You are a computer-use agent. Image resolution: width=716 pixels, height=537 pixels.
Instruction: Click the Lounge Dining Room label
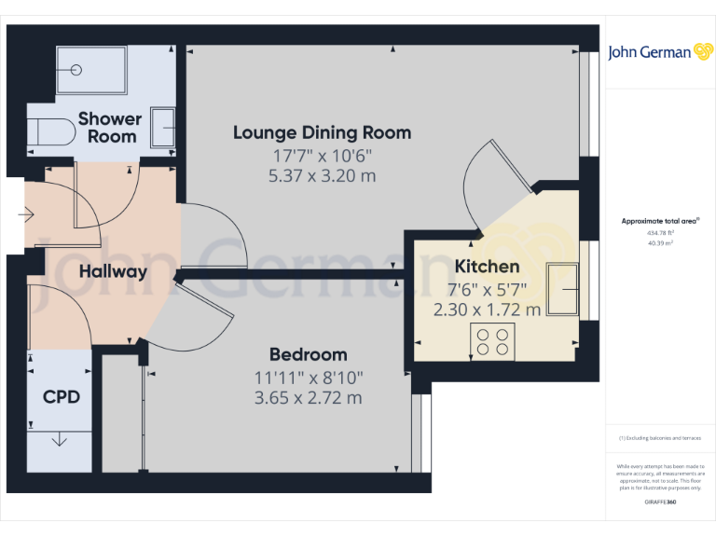click(x=322, y=132)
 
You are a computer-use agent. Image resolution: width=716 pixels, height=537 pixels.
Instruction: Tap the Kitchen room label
click(x=487, y=267)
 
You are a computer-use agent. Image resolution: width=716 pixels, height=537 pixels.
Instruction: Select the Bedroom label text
click(x=308, y=354)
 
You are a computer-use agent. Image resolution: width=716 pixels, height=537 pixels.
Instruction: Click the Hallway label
click(x=113, y=272)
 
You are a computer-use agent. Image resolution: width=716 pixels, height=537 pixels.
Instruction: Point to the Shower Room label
click(x=110, y=128)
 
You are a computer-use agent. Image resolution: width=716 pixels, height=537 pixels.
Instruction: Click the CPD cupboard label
click(x=62, y=396)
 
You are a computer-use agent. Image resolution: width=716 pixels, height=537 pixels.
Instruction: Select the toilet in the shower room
click(x=51, y=132)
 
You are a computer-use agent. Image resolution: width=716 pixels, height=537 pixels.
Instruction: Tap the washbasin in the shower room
click(x=163, y=127)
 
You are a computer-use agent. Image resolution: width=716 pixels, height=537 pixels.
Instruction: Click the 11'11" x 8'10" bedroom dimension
click(x=308, y=378)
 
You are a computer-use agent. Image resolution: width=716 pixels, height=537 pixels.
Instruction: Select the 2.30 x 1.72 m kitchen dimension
click(x=487, y=310)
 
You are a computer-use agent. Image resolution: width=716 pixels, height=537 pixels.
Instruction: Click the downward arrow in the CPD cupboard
click(x=60, y=438)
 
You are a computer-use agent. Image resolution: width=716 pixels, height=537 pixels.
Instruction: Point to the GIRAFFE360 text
click(x=660, y=503)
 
